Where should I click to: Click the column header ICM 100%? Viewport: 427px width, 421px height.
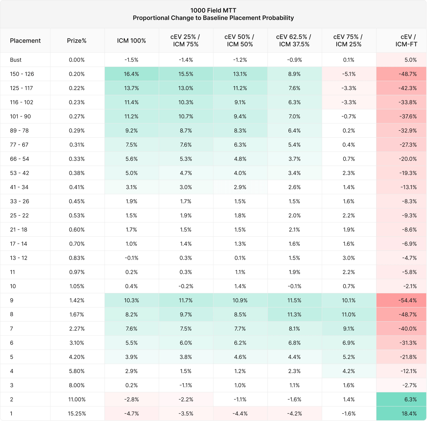131,41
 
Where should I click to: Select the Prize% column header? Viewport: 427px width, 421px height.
77,41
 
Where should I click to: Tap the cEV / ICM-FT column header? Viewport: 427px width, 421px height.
406,40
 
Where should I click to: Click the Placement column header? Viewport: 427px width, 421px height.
25,41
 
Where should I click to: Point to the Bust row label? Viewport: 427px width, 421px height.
16,60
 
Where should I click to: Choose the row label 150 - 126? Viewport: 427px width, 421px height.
22,74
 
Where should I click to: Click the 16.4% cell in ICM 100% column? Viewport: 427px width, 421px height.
131,74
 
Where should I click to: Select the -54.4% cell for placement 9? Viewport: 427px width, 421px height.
407,300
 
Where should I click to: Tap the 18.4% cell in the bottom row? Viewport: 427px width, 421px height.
409,413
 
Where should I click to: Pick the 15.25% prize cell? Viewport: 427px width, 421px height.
77,413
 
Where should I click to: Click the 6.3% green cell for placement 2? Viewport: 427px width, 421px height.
411,399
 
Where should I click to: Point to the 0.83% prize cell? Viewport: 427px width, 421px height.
77,258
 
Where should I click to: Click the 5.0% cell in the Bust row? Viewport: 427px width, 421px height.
411,60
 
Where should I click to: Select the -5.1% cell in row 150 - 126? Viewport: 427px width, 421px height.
349,74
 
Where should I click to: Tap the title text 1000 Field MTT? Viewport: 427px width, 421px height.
213,10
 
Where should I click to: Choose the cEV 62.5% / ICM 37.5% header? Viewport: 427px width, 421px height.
294,40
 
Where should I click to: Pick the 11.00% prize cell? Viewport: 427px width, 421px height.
77,399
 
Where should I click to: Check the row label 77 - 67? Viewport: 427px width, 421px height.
19,145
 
